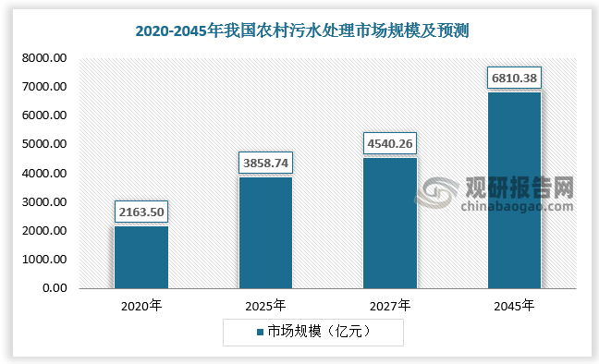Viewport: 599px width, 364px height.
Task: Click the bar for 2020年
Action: point(141,257)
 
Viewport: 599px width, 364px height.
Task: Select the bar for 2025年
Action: point(265,232)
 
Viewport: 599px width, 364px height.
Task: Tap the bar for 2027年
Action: point(390,223)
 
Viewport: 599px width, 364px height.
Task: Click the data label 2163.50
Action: point(141,212)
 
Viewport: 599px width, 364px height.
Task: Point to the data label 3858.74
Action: point(266,163)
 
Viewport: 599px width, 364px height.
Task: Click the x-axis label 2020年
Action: point(141,305)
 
